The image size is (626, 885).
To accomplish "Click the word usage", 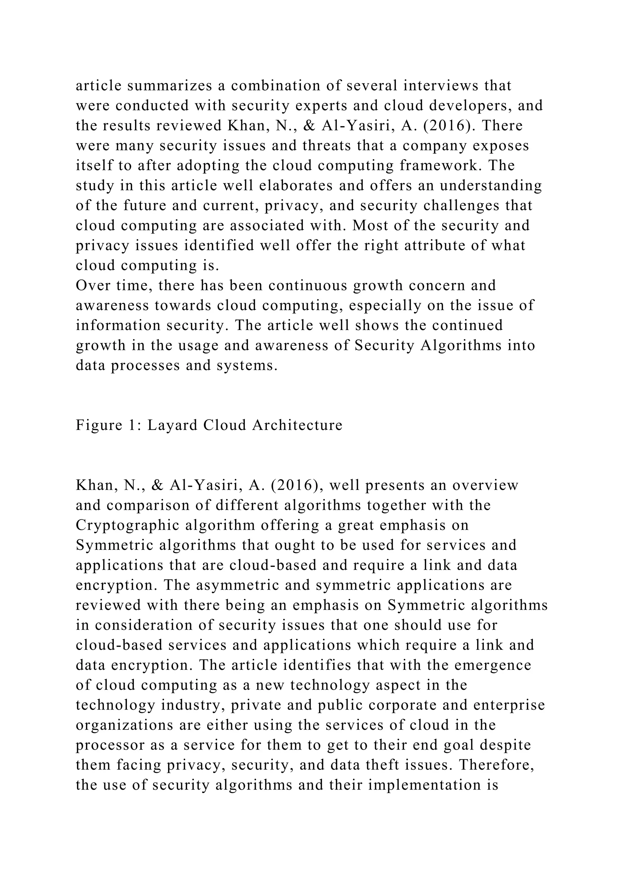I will point(198,346).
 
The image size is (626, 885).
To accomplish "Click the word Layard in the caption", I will point(172,425).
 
